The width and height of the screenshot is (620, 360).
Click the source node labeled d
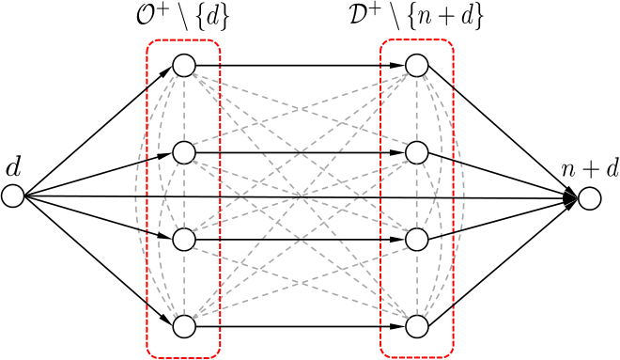click(x=13, y=196)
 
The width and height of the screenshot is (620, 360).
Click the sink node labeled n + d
click(x=590, y=198)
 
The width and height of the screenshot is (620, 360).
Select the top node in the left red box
click(x=184, y=65)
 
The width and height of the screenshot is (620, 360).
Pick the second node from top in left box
click(x=184, y=152)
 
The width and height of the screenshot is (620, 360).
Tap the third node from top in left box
click(x=184, y=240)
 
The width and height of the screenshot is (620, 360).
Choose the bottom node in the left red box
click(x=184, y=327)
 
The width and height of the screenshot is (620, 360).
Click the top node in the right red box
click(x=416, y=65)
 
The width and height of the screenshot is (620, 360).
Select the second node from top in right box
click(x=416, y=152)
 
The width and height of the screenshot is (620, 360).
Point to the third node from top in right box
click(x=416, y=240)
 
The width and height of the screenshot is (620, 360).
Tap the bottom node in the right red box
click(x=416, y=327)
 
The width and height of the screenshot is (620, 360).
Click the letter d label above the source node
click(x=13, y=167)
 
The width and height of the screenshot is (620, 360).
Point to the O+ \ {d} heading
click(x=182, y=19)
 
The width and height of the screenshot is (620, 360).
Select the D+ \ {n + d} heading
click(x=416, y=19)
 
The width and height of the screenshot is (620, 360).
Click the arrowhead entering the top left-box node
click(x=166, y=72)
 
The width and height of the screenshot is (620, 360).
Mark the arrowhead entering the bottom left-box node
click(x=166, y=319)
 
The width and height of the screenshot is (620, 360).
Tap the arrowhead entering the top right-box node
click(x=397, y=65)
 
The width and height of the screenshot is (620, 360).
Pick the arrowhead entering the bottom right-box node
click(x=397, y=327)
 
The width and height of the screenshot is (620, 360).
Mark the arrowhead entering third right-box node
click(x=397, y=240)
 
